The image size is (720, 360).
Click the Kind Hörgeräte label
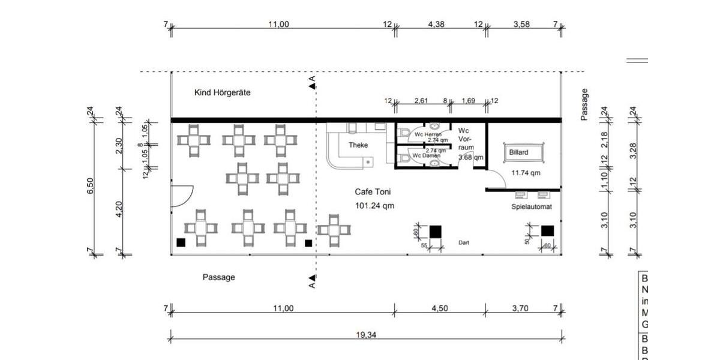point(222,93)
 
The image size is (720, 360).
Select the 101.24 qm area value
point(374,206)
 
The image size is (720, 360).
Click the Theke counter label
point(358,145)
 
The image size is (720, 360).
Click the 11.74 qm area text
point(526,173)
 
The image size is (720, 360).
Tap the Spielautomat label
point(532,207)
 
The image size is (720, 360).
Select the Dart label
point(463,243)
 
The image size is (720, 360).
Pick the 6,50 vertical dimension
point(91,186)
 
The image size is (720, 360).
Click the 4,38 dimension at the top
point(436,25)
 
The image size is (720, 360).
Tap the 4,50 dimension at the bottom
point(440,308)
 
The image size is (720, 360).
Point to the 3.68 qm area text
point(470,157)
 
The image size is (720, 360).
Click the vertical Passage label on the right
point(584,105)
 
